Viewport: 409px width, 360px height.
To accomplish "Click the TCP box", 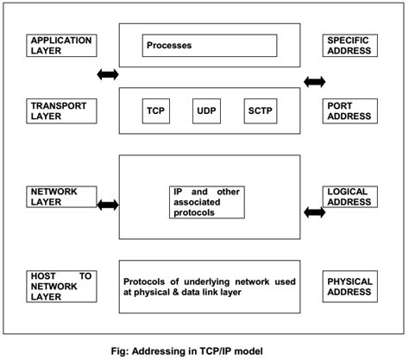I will click(x=156, y=111).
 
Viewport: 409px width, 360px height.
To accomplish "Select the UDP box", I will click(x=207, y=111).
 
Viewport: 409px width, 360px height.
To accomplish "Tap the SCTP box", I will click(x=260, y=111).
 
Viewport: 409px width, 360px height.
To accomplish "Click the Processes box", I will click(x=210, y=45).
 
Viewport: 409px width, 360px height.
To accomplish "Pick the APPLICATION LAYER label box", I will click(x=61, y=46).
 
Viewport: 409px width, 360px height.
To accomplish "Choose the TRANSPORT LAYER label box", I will click(x=61, y=111).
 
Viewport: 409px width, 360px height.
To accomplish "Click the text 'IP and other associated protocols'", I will click(x=209, y=200).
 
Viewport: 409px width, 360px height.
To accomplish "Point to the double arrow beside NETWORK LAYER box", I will click(x=108, y=205).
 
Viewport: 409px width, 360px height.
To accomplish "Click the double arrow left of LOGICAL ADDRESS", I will click(x=314, y=211).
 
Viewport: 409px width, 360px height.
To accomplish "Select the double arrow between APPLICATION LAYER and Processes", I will click(x=108, y=75).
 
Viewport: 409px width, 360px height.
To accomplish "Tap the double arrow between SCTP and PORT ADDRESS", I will click(x=314, y=83).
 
